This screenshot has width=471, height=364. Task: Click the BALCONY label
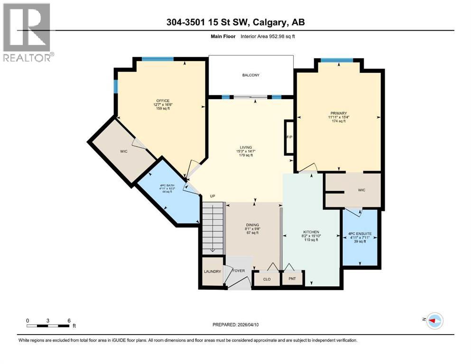[x=251, y=75]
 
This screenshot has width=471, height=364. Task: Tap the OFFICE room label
[x=162, y=100]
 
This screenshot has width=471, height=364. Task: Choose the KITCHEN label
[x=311, y=232]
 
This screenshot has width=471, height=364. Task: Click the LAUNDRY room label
[x=212, y=272]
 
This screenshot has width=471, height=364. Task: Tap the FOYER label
[x=239, y=271]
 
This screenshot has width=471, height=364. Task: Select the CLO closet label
[x=267, y=279]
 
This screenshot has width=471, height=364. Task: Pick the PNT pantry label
[x=292, y=279]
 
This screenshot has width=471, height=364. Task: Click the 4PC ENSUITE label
[x=360, y=234]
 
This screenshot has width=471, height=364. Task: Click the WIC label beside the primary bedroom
[x=361, y=190]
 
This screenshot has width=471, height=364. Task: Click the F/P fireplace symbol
[x=288, y=137]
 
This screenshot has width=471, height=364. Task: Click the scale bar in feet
[x=48, y=326]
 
